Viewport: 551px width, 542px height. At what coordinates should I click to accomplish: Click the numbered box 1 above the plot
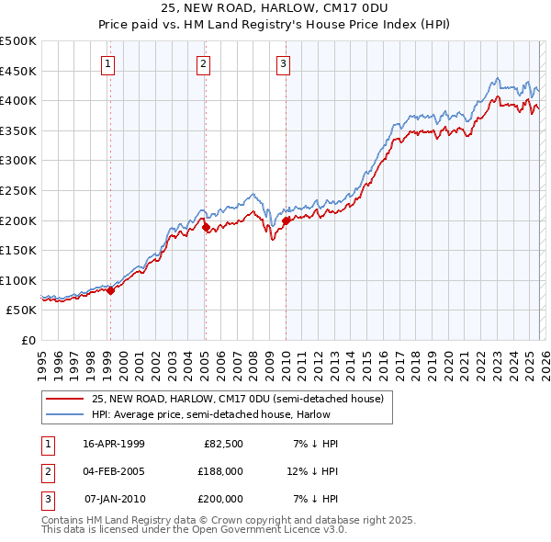point(109,63)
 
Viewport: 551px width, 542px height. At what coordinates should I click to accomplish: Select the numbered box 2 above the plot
point(203,63)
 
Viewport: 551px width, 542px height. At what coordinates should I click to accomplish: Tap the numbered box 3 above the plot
point(283,63)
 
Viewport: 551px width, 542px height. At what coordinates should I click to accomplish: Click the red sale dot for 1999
point(111,290)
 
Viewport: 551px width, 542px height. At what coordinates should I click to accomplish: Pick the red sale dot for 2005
point(206,227)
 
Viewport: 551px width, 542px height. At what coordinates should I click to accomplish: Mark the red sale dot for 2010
point(286,220)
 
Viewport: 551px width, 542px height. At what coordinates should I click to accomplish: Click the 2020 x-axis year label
point(447,362)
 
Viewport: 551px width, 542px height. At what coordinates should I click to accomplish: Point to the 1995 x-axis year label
point(42,362)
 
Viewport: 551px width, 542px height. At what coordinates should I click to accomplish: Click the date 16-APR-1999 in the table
point(114,444)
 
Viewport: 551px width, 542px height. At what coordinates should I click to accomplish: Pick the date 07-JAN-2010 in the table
point(114,499)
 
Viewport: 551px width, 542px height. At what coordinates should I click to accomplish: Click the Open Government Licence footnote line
point(194,530)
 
